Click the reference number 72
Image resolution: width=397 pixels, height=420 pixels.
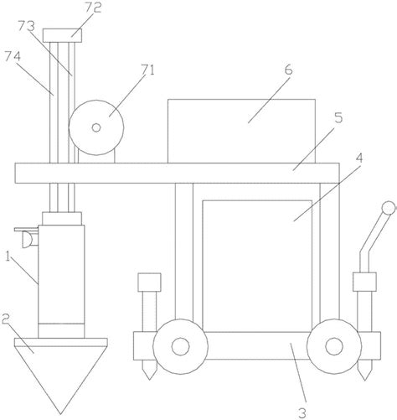[x=93, y=8]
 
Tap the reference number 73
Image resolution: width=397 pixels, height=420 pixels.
[x=27, y=26]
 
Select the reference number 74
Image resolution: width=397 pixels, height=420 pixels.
[x=13, y=57]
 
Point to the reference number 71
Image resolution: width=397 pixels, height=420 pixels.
[x=147, y=70]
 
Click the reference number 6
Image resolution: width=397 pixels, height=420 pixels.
[x=289, y=70]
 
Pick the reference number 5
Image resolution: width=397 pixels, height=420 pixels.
[x=338, y=118]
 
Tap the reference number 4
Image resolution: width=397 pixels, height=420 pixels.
[x=360, y=158]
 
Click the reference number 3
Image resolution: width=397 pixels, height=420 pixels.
[x=302, y=413]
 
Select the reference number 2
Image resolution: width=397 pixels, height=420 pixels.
[x=6, y=319]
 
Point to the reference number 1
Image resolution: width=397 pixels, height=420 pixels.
[x=8, y=257]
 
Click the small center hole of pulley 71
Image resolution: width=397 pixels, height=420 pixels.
[x=96, y=127]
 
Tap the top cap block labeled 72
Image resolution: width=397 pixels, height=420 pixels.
[x=62, y=35]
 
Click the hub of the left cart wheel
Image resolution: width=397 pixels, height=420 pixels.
[x=180, y=346]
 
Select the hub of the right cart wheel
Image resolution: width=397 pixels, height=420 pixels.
[x=334, y=346]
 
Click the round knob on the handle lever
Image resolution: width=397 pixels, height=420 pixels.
[x=389, y=208]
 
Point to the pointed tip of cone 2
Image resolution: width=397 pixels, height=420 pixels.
[x=60, y=414]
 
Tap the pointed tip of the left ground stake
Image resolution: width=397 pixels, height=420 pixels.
[x=149, y=380]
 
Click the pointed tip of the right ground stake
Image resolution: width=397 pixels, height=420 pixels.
[x=364, y=380]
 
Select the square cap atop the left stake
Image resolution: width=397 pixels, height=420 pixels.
[x=150, y=283]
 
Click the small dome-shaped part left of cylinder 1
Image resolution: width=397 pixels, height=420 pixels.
[x=27, y=240]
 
